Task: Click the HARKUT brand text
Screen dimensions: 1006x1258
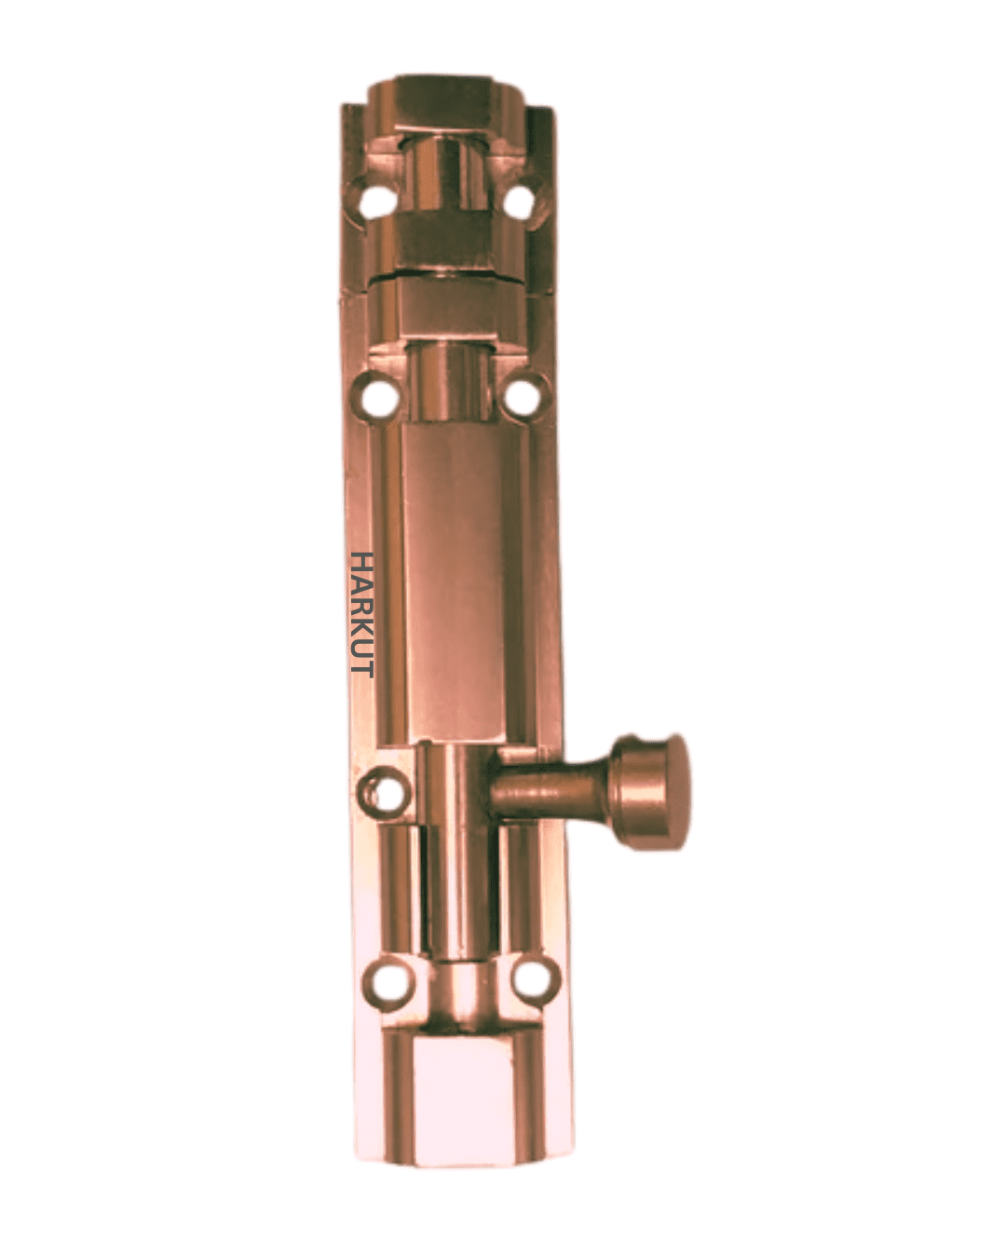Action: point(361,614)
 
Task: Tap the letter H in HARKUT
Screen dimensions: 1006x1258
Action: point(361,562)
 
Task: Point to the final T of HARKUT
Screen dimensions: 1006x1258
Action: point(361,669)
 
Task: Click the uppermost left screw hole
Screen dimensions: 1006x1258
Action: point(377,202)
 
